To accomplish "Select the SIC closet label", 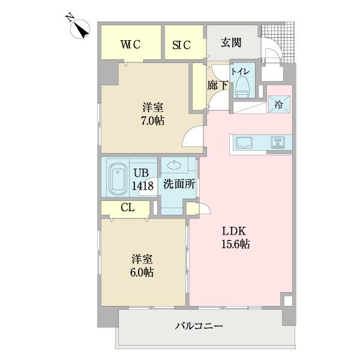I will [182, 43].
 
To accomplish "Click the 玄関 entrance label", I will [230, 43].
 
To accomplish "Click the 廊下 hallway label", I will [217, 85].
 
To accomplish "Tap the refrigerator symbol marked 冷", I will [279, 104].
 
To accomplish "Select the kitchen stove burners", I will [278, 143].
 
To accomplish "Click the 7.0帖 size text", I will [152, 121].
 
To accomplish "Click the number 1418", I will [142, 185].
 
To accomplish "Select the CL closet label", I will [127, 208].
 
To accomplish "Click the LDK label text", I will [235, 232].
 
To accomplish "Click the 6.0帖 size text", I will [142, 272].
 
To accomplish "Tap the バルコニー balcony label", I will [199, 326].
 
